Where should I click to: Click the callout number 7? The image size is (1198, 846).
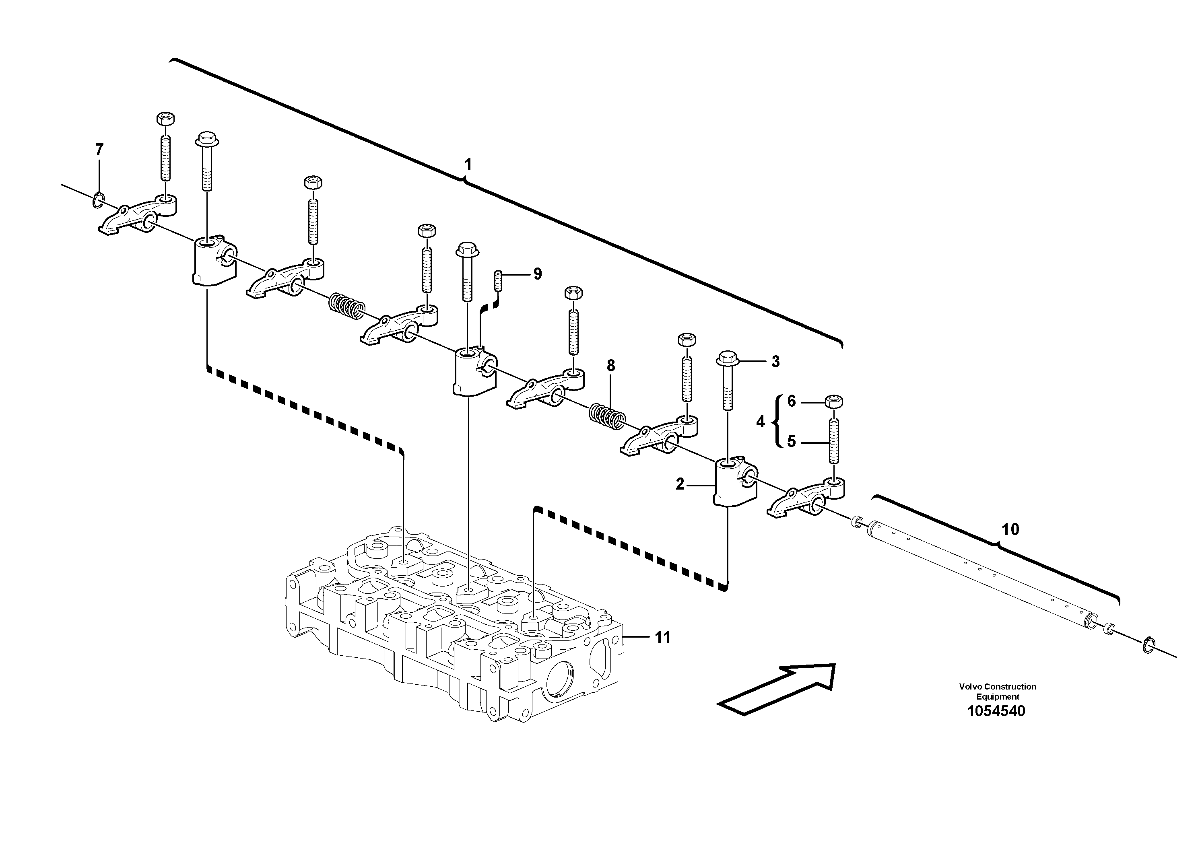99,150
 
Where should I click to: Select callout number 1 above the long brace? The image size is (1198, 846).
468,165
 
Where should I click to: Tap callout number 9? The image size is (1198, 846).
538,274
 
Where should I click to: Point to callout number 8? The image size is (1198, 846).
611,366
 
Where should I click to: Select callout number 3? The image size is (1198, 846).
775,362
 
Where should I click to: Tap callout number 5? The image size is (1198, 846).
792,442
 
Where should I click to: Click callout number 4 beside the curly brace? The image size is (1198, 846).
760,422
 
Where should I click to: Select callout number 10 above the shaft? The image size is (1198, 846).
1010,529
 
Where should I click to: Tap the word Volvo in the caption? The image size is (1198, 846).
969,686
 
